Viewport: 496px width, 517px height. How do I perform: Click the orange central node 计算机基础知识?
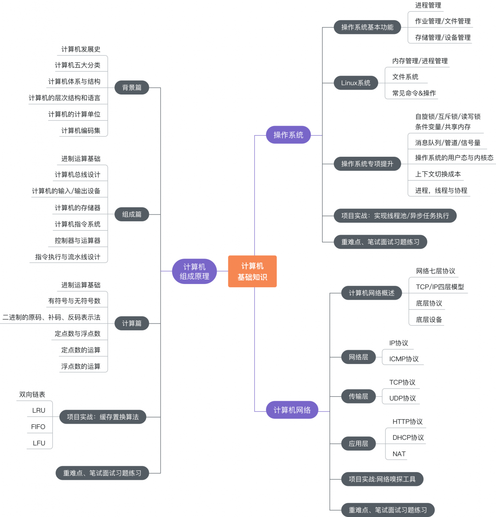252,271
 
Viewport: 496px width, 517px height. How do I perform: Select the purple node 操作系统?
289,135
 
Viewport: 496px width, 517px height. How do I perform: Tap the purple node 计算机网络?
292,410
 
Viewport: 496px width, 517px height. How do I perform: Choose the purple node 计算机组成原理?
195,271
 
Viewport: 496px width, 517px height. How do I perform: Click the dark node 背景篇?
132,87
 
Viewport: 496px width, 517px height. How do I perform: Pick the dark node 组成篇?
132,214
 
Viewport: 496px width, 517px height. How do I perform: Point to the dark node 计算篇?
132,323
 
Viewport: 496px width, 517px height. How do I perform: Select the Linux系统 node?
356,83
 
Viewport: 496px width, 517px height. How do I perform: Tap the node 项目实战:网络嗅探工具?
382,479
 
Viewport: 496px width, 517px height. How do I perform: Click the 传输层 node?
358,396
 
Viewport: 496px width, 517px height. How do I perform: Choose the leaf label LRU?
39,410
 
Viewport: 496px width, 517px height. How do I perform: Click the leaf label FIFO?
38,427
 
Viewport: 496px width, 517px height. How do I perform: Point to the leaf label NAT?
399,454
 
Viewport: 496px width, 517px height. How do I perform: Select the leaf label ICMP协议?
404,359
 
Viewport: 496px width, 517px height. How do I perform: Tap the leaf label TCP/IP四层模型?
440,287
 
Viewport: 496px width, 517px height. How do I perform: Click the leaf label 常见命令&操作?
414,93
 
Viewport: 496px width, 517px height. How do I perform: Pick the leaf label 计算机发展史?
81,49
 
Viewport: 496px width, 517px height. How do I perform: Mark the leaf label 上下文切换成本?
438,174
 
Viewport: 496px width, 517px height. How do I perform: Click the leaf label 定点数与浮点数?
77,333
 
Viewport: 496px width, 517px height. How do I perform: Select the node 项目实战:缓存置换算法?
103,417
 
